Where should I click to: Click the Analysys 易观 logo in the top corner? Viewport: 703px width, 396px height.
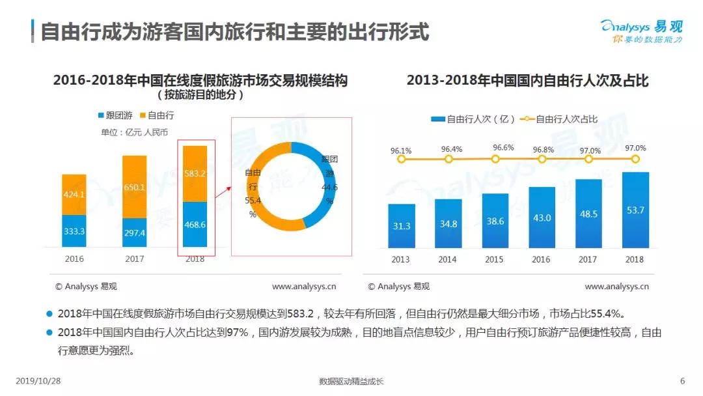pyautogui.click(x=642, y=32)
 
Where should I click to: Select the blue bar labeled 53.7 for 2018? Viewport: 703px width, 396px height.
pyautogui.click(x=635, y=210)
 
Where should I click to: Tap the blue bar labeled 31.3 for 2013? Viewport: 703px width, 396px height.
pyautogui.click(x=402, y=226)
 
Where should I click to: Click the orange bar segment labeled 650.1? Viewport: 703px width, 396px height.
pyautogui.click(x=134, y=186)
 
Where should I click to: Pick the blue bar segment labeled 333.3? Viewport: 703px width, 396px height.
pyautogui.click(x=74, y=231)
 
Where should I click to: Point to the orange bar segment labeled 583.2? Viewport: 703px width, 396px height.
pyautogui.click(x=195, y=173)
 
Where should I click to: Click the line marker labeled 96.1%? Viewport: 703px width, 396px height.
pyautogui.click(x=401, y=159)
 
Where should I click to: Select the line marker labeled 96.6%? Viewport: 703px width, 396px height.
pyautogui.click(x=495, y=158)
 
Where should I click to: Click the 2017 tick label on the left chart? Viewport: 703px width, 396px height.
pyautogui.click(x=134, y=259)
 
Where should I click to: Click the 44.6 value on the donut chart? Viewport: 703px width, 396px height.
pyautogui.click(x=329, y=188)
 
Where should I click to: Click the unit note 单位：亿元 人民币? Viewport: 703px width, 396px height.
pyautogui.click(x=134, y=132)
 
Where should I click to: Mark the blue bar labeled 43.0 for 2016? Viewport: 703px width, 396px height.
pyautogui.click(x=542, y=218)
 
